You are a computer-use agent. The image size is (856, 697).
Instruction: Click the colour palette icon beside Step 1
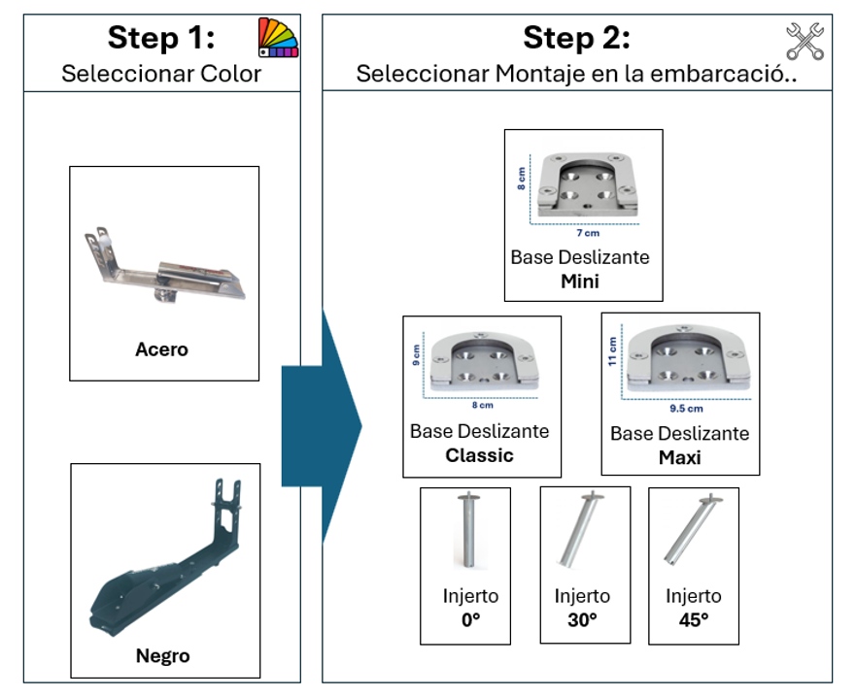278,38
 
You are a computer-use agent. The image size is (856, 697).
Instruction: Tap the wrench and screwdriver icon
805,42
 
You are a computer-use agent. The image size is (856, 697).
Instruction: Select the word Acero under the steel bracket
161,349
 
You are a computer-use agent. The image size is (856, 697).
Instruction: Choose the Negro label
162,656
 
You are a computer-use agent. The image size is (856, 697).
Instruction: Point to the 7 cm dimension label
588,233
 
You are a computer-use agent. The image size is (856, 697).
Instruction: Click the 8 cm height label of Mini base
522,178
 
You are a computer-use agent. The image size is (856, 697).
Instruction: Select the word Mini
580,282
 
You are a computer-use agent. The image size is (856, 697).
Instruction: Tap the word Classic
479,455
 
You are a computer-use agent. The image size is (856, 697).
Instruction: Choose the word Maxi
679,456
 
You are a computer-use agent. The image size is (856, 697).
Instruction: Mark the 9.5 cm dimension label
686,409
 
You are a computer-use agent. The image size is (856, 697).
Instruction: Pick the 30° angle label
582,620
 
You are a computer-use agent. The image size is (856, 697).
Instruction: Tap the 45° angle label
693,620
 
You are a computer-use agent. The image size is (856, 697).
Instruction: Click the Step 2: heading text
576,38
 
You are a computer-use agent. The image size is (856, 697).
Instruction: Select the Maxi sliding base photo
686,360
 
